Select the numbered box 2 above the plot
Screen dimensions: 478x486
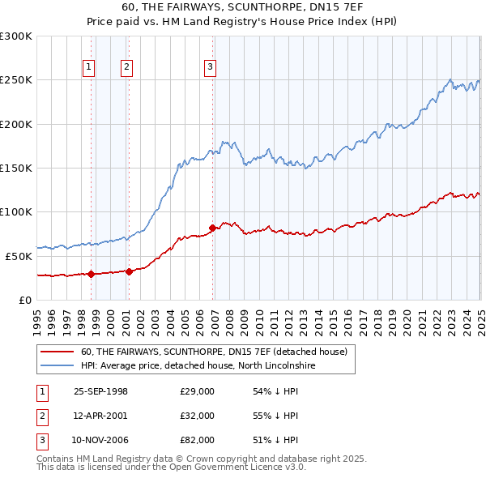[127, 67]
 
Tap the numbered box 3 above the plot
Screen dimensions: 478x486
[210, 67]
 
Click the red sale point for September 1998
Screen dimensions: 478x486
[92, 274]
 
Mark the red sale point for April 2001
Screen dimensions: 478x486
[129, 271]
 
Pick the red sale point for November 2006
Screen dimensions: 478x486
[212, 228]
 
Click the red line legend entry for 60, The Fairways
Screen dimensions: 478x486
[214, 352]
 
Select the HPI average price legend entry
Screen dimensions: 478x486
[198, 366]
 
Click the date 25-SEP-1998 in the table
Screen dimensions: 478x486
[100, 391]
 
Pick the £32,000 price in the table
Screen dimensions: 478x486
[197, 416]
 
